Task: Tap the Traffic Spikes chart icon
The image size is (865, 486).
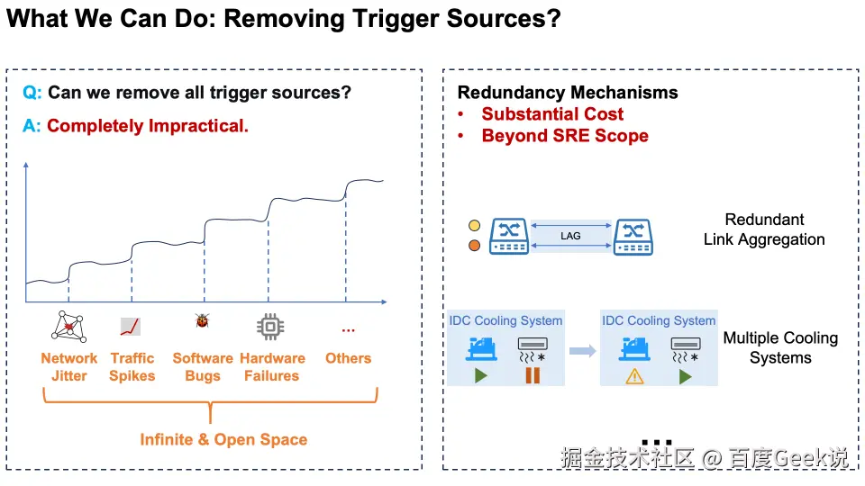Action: pos(130,327)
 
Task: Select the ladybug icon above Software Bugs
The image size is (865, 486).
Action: pos(203,321)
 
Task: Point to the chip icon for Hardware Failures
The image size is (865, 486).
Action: pos(271,327)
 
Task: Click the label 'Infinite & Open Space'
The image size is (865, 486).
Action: pos(223,440)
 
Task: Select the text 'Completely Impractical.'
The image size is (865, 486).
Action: pos(148,126)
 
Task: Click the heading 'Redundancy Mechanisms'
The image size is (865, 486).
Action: pos(568,93)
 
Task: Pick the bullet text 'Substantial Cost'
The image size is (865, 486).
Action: pos(552,114)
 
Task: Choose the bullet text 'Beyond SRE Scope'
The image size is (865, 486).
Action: pos(565,136)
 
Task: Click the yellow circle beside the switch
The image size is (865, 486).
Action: pos(474,226)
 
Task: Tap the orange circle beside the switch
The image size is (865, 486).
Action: pos(474,245)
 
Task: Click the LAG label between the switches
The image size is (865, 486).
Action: pos(570,236)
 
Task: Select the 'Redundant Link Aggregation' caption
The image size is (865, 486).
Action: pos(764,229)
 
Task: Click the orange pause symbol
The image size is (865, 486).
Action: pos(533,375)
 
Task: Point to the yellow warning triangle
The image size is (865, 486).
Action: pos(635,376)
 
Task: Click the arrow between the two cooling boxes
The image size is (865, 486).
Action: pos(583,351)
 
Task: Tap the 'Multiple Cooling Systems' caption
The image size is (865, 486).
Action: pos(780,348)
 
